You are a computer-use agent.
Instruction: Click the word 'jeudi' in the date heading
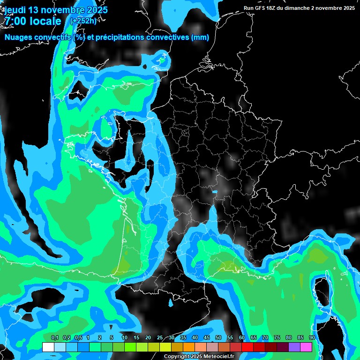tap(15, 10)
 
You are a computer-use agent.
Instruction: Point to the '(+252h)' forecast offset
tap(83, 21)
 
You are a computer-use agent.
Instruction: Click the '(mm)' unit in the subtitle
tap(200, 37)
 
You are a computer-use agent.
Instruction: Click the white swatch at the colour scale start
tap(48, 347)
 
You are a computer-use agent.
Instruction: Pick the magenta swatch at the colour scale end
tap(306, 347)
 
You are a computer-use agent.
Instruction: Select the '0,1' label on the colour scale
tap(54, 338)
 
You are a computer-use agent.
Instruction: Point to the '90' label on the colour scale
tap(312, 338)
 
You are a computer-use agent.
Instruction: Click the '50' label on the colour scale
tap(218, 338)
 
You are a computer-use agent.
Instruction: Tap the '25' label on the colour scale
tap(160, 338)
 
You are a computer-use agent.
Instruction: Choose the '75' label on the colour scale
tap(277, 338)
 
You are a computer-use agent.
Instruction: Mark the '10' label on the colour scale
tap(125, 338)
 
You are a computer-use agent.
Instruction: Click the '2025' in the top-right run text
tap(347, 8)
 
